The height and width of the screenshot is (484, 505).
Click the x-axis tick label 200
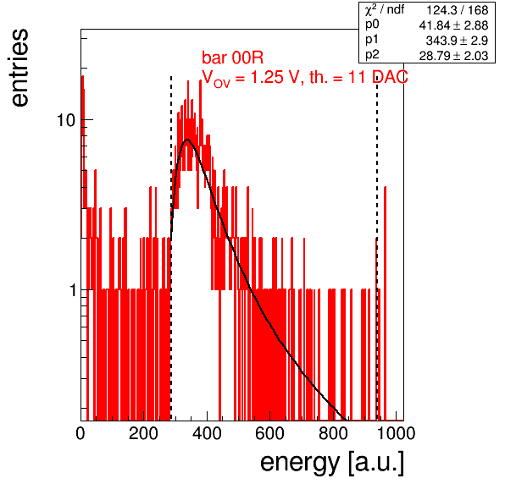[143, 433]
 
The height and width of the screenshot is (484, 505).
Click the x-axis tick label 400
[207, 433]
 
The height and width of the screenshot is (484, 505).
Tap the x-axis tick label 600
[270, 433]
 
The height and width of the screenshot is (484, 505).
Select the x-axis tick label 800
[333, 433]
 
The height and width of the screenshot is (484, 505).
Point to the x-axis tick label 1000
[396, 433]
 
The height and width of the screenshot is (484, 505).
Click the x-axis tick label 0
[80, 433]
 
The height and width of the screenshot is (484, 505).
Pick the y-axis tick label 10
[66, 120]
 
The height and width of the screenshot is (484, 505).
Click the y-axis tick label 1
[73, 290]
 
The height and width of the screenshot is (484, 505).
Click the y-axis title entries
[20, 68]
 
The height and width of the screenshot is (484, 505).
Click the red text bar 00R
[232, 58]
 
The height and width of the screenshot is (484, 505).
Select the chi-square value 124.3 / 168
[458, 11]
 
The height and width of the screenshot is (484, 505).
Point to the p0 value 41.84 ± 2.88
[454, 25]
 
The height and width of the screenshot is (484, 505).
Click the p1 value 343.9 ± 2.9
[457, 41]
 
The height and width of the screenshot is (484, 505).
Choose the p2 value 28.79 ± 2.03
[454, 56]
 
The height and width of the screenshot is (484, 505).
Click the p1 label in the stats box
[372, 40]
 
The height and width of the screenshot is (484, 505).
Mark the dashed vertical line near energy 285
[171, 248]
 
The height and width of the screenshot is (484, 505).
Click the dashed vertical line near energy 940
[377, 248]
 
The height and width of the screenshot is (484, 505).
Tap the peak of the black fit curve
[187, 140]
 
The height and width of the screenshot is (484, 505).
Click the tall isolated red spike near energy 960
[385, 303]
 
